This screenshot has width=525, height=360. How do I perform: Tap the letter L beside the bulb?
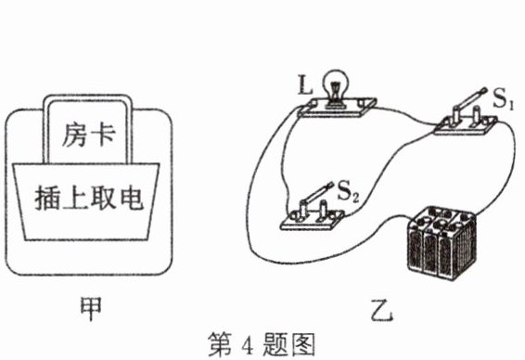(x=305, y=85)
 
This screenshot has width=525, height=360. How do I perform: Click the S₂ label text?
(x=348, y=192)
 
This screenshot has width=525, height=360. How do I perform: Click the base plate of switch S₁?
(x=466, y=126)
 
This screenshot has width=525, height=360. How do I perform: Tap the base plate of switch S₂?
(x=313, y=220)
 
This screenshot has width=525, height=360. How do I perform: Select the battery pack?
(x=441, y=243)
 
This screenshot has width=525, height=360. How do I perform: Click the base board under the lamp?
(x=337, y=108)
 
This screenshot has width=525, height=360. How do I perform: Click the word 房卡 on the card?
(x=88, y=135)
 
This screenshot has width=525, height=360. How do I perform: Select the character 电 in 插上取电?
(x=132, y=199)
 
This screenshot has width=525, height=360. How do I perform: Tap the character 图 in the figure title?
(x=302, y=344)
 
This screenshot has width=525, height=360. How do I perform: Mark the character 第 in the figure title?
(x=220, y=344)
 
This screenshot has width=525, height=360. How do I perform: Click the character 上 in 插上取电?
(x=76, y=199)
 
